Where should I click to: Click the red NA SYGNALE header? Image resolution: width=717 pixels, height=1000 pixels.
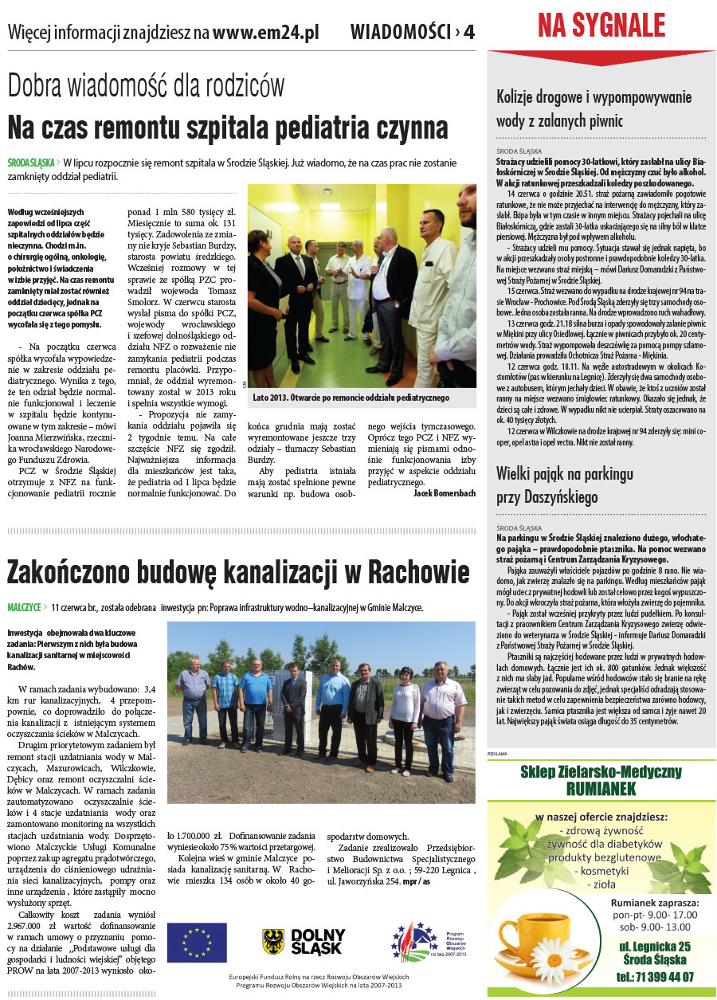tap(601, 26)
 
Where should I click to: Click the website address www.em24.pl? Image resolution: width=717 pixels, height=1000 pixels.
tap(266, 33)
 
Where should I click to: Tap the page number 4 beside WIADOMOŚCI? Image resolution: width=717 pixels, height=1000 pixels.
tap(469, 33)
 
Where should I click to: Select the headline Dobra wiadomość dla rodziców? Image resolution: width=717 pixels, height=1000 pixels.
tap(146, 85)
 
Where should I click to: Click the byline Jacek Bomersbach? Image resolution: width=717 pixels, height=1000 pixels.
tap(445, 493)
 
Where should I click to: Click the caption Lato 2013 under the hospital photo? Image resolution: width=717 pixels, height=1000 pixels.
tap(351, 397)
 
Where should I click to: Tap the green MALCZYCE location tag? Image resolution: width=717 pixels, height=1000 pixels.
tap(24, 607)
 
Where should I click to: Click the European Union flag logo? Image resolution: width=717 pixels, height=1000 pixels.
tap(197, 942)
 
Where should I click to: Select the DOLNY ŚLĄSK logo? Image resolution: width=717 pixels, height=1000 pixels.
tap(304, 942)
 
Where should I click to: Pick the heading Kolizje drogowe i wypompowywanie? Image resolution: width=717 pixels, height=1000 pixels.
tap(594, 97)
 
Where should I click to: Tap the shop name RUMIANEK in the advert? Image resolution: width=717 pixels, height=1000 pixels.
tap(601, 789)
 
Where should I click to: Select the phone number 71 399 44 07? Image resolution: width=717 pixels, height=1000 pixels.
tap(655, 976)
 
